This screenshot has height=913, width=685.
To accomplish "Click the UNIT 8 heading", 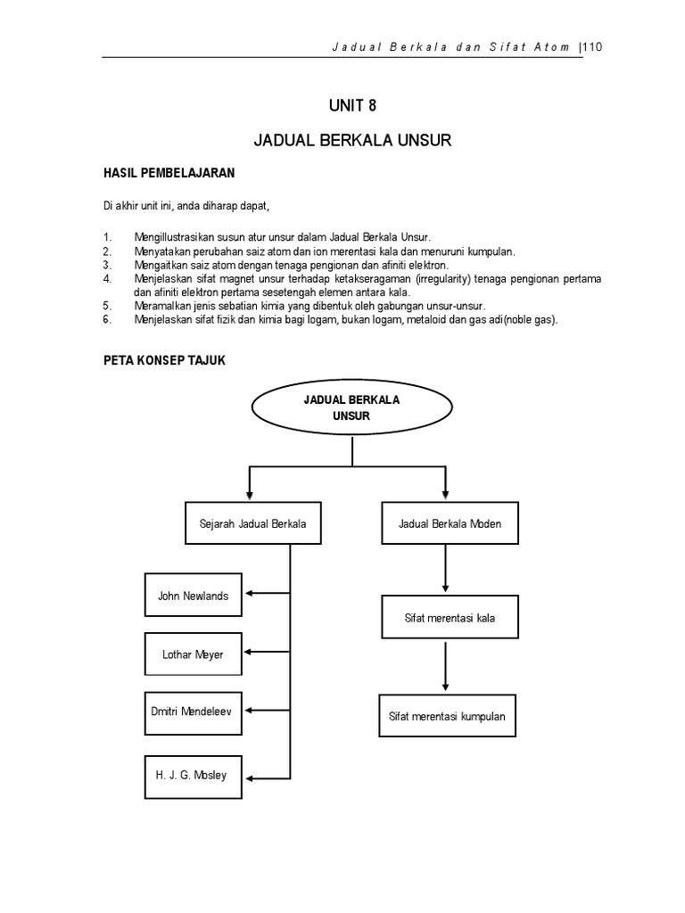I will tap(353, 106).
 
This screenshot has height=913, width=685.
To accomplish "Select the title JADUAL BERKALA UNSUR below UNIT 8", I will tap(353, 142).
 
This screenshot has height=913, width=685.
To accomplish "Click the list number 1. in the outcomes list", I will tap(108, 237).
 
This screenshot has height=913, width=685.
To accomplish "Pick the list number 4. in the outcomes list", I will tap(108, 279).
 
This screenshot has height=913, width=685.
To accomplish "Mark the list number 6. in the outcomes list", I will tap(108, 320).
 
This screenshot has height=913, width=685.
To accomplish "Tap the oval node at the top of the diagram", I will tap(353, 407).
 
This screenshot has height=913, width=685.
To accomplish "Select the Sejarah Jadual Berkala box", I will tap(252, 523).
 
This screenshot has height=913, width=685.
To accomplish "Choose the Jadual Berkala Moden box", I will tap(450, 523).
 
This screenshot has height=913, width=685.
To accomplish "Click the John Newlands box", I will tap(194, 596).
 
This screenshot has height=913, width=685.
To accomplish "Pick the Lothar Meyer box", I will tap(194, 654).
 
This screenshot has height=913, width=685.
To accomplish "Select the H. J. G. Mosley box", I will tap(194, 775).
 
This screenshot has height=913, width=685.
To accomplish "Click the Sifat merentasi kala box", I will tap(450, 616).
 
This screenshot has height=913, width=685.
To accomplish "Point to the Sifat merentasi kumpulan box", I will tap(448, 715).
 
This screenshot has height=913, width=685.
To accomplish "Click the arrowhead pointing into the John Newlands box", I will tap(248, 594).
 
